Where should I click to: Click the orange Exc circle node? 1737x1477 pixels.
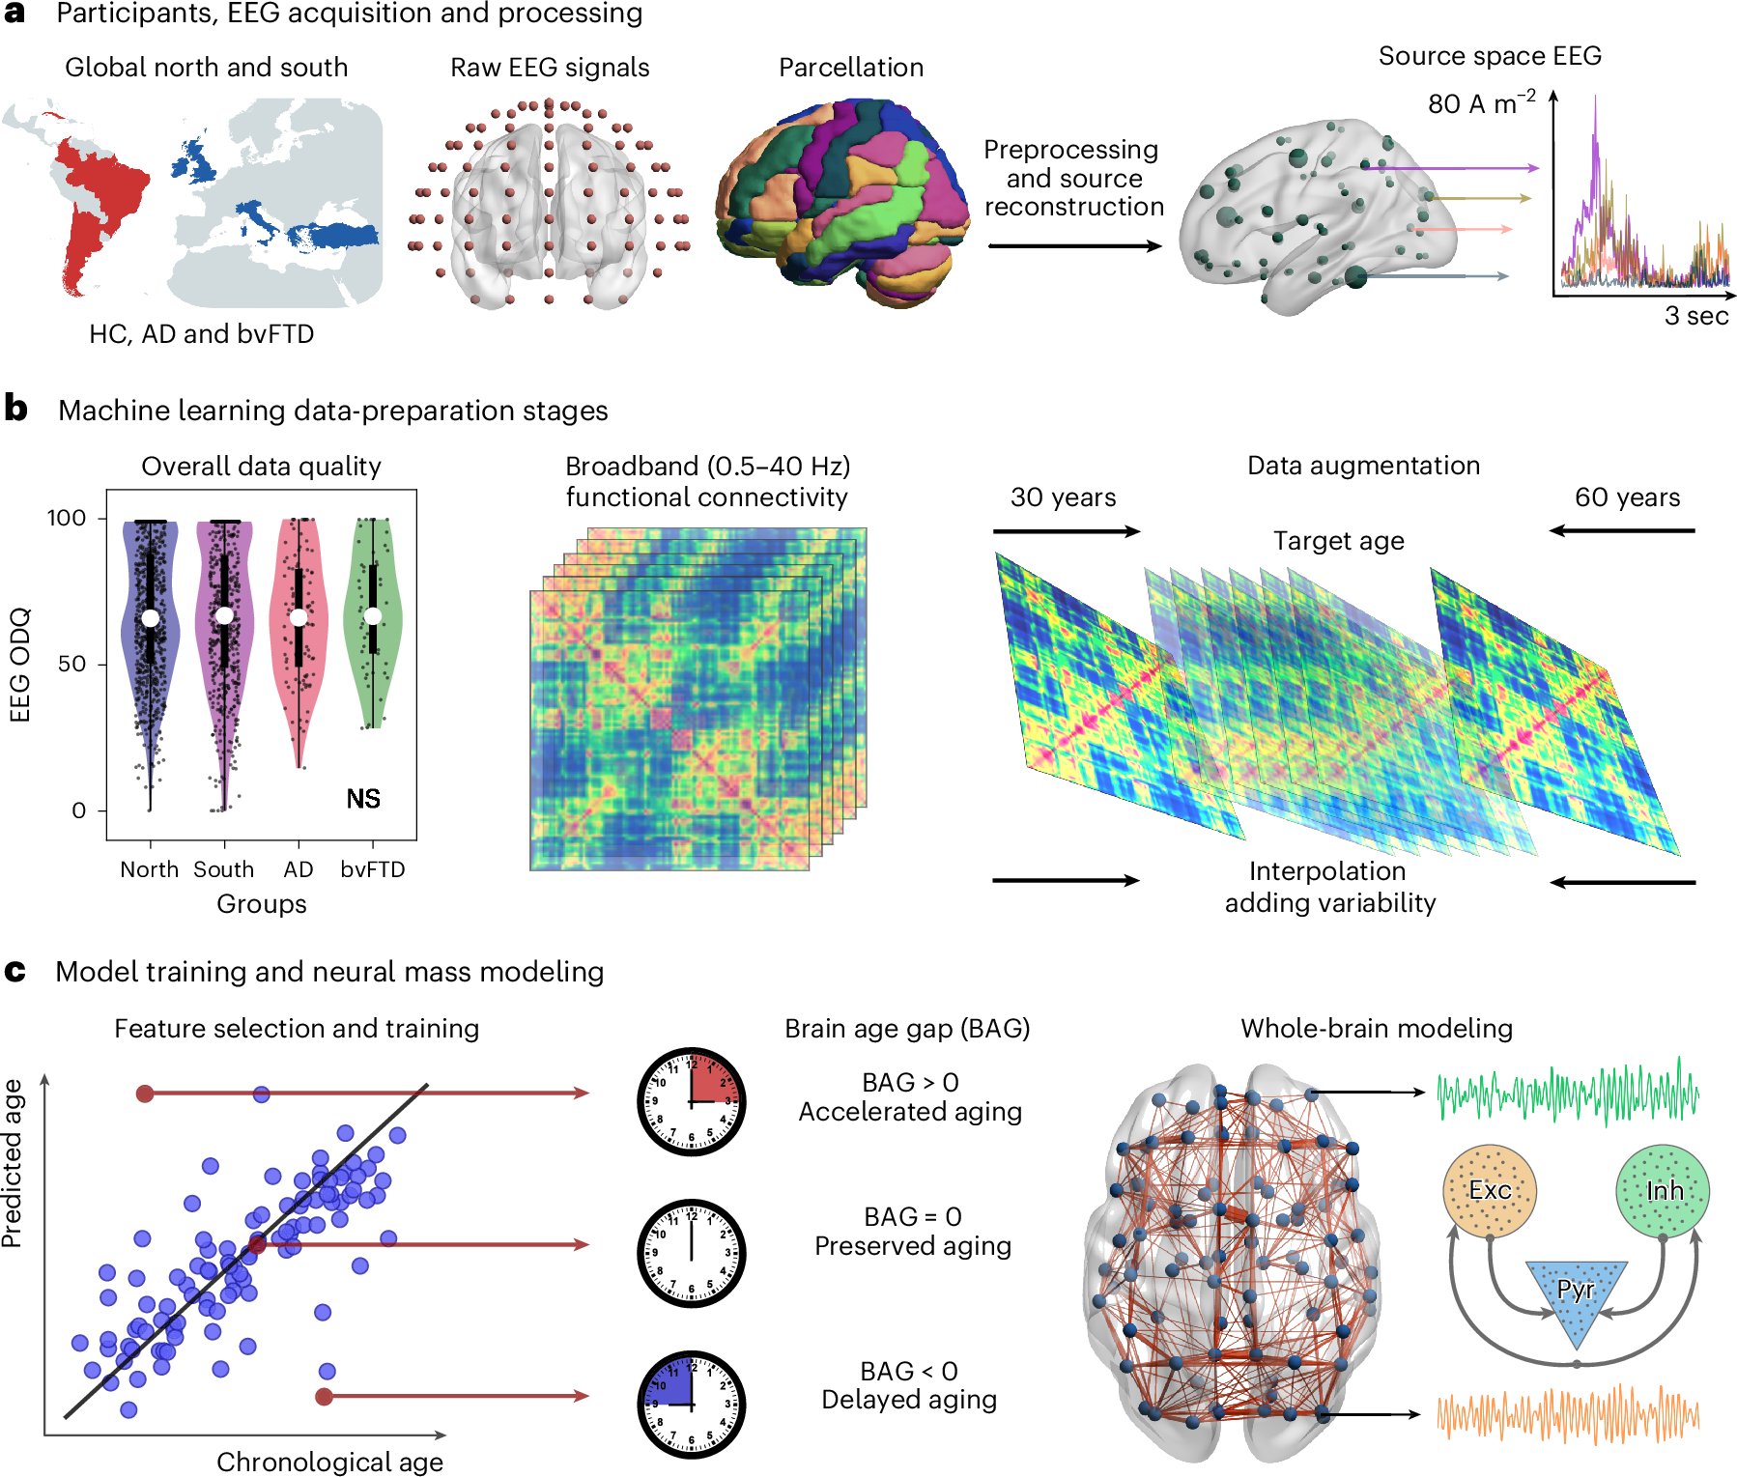[1489, 1191]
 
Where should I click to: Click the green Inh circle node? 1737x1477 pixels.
[1663, 1191]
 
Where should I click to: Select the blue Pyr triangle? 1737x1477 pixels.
[1576, 1294]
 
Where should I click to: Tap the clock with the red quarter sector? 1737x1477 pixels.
[692, 1101]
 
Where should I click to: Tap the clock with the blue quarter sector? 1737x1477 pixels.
[692, 1405]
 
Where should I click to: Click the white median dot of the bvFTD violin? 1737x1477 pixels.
[373, 616]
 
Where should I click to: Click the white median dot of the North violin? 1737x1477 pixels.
[150, 618]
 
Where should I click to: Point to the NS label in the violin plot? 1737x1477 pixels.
[363, 799]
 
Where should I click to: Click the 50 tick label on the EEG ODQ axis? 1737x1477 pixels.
[71, 664]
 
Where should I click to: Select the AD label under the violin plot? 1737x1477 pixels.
[299, 869]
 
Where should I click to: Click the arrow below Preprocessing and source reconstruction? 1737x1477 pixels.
[1074, 246]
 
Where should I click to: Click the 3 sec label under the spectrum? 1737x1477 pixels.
[1695, 316]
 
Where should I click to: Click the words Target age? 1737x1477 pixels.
[1338, 541]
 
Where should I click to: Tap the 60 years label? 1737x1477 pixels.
[1627, 497]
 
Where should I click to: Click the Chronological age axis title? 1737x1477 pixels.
[329, 1462]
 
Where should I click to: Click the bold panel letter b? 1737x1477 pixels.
[15, 409]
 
